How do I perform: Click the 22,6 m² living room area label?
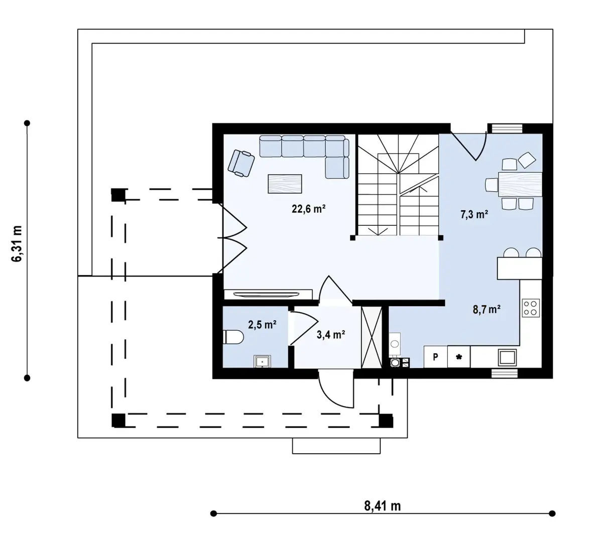click(x=309, y=209)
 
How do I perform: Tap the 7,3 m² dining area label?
click(x=474, y=214)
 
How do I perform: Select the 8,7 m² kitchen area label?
click(x=487, y=309)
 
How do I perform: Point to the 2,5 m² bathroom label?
click(x=262, y=325)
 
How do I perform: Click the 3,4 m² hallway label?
click(x=330, y=335)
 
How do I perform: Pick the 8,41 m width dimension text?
click(x=383, y=506)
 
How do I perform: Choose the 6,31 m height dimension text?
click(x=17, y=244)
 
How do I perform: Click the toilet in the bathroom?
click(x=233, y=337)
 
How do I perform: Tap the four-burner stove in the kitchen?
click(x=531, y=308)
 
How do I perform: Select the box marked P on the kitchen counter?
click(x=435, y=357)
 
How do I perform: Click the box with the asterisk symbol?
click(x=458, y=357)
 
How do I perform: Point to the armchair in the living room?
click(x=241, y=163)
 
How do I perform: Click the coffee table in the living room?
click(x=285, y=184)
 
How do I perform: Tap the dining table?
click(x=520, y=184)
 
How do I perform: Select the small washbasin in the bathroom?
click(x=262, y=361)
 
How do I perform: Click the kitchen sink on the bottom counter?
click(x=507, y=357)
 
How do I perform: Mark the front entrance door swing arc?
click(x=330, y=396)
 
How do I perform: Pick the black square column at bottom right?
click(x=386, y=421)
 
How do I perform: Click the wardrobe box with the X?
click(x=372, y=337)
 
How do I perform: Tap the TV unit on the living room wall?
click(x=268, y=294)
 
